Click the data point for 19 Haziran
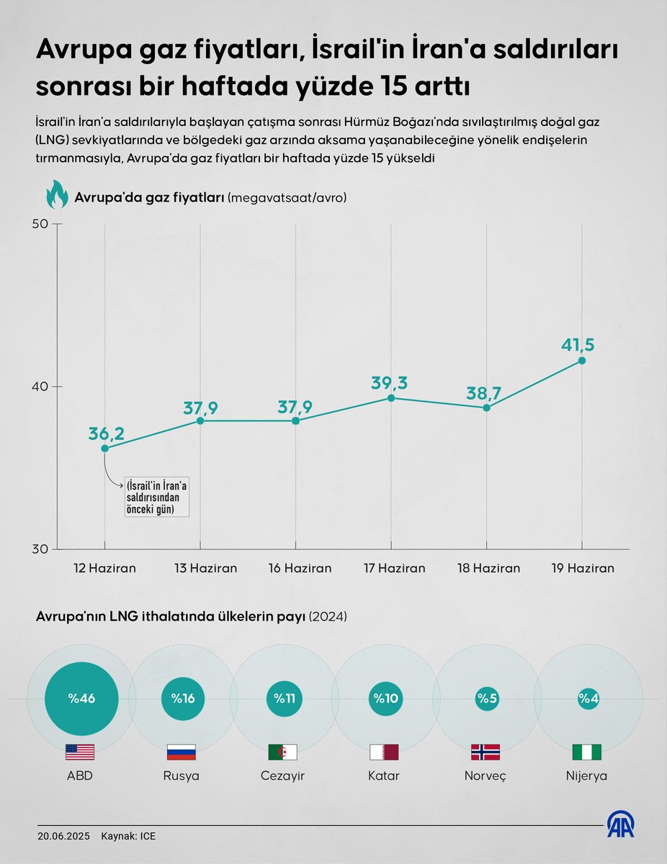582,360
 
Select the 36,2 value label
107,433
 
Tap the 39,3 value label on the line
390,383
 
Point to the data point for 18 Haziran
487,408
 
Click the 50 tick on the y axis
40,224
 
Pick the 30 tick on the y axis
40,549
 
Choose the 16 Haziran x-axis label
300,568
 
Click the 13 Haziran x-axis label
205,568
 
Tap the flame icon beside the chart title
57,195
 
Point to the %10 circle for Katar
385,698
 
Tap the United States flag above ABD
80,752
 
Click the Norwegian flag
485,752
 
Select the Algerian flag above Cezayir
282,752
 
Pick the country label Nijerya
587,776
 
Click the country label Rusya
182,776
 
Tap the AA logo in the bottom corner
620,824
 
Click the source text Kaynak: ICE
128,837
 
